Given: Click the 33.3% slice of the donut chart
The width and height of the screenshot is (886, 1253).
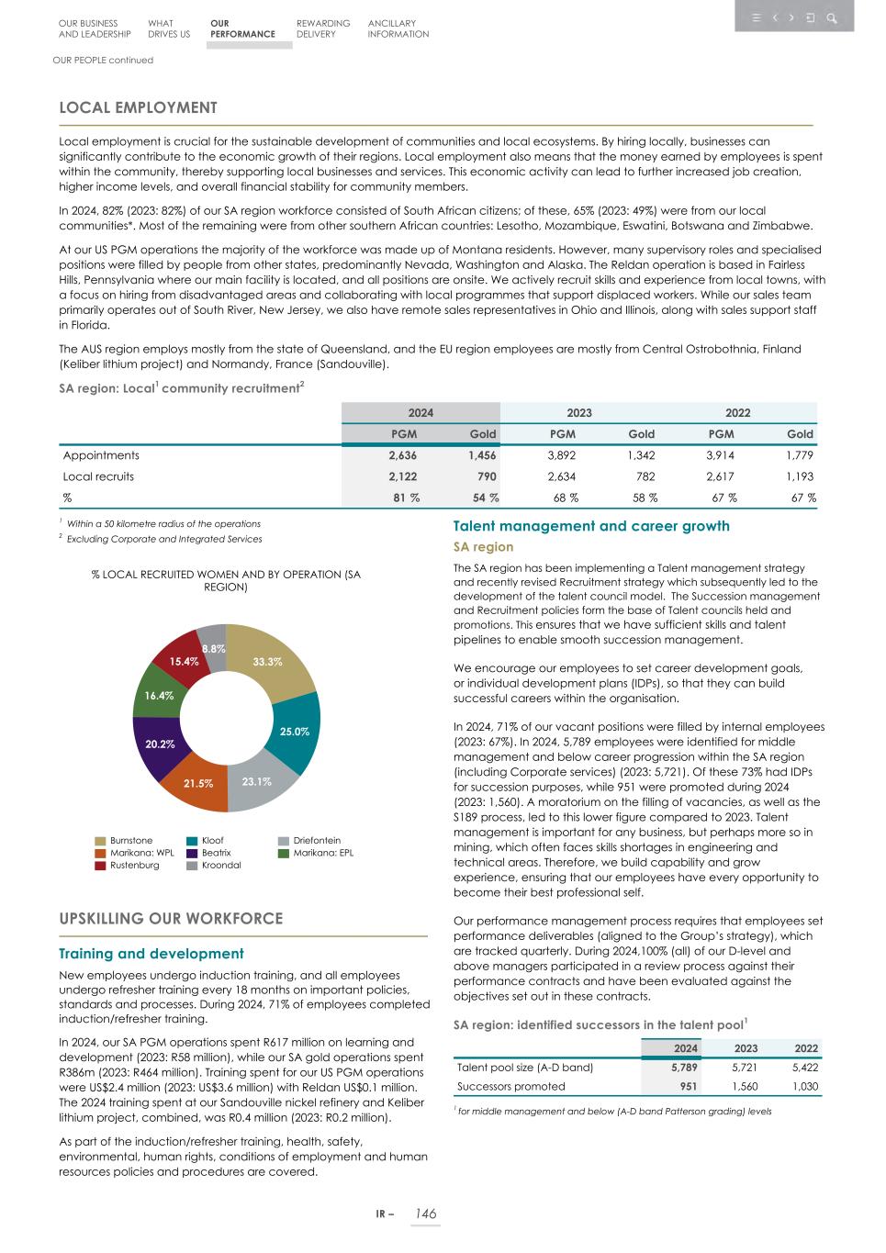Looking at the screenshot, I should click(267, 661).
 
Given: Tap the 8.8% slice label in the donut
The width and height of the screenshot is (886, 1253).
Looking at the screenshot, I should click(214, 648).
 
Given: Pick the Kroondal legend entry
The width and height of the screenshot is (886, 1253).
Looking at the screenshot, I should click(220, 866).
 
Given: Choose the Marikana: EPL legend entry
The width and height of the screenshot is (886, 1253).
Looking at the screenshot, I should click(316, 853).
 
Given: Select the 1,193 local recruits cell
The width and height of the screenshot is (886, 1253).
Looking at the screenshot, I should click(799, 476).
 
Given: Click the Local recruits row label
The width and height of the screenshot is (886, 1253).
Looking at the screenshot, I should click(98, 476).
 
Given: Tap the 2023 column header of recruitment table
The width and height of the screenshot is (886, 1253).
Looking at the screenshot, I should click(578, 412).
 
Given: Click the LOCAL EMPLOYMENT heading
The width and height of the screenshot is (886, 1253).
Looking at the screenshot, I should click(138, 107).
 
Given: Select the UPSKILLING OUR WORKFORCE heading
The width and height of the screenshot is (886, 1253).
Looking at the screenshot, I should click(171, 918).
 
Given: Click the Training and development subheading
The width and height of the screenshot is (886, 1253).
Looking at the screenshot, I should click(151, 954).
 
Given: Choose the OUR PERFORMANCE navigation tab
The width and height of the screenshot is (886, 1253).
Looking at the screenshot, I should click(242, 28).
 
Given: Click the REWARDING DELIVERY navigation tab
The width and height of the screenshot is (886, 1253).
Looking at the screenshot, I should click(323, 28).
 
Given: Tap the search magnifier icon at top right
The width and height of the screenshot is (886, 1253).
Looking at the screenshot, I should click(832, 17).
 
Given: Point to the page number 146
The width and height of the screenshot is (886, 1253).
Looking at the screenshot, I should click(425, 1214).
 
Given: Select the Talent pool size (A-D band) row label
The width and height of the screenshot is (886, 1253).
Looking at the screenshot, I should click(525, 1068).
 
